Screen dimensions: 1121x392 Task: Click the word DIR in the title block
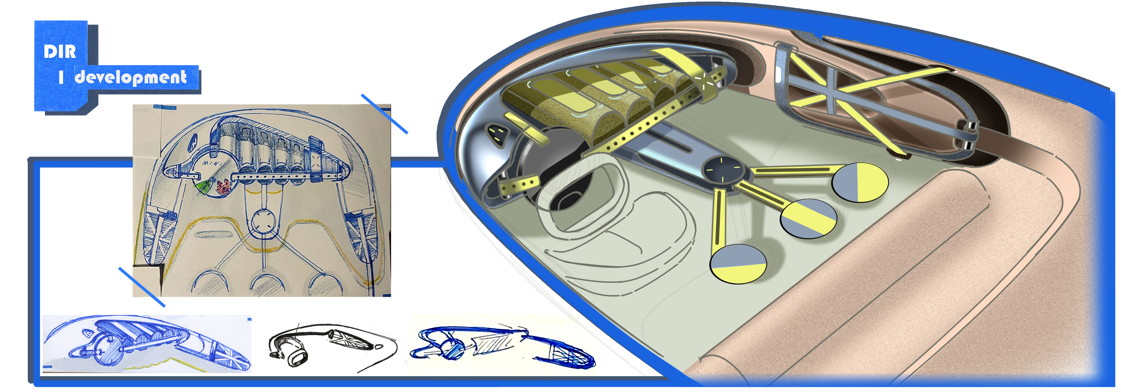[x=60, y=52]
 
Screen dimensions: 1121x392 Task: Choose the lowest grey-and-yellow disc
[x=738, y=264]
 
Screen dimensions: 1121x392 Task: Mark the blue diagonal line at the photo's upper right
[x=384, y=114]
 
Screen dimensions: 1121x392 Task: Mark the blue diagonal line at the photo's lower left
[x=142, y=287]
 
